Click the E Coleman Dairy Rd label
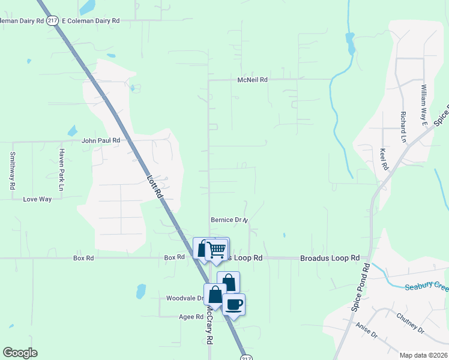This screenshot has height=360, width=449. [91, 20]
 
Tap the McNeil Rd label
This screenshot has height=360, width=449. [252, 79]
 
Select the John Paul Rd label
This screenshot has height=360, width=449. [101, 140]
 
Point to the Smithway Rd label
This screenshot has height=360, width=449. [12, 170]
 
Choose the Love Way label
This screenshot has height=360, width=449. [37, 199]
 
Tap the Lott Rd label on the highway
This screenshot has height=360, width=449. [155, 186]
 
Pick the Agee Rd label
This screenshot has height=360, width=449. [191, 316]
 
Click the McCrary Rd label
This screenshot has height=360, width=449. [209, 328]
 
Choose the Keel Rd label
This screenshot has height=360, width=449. [385, 160]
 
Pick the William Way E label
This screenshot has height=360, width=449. [423, 100]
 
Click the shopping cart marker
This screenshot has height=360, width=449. [217, 249]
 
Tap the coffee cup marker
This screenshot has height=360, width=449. [234, 304]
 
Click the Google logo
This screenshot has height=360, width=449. [20, 353]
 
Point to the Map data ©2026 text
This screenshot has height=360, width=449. [423, 355]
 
